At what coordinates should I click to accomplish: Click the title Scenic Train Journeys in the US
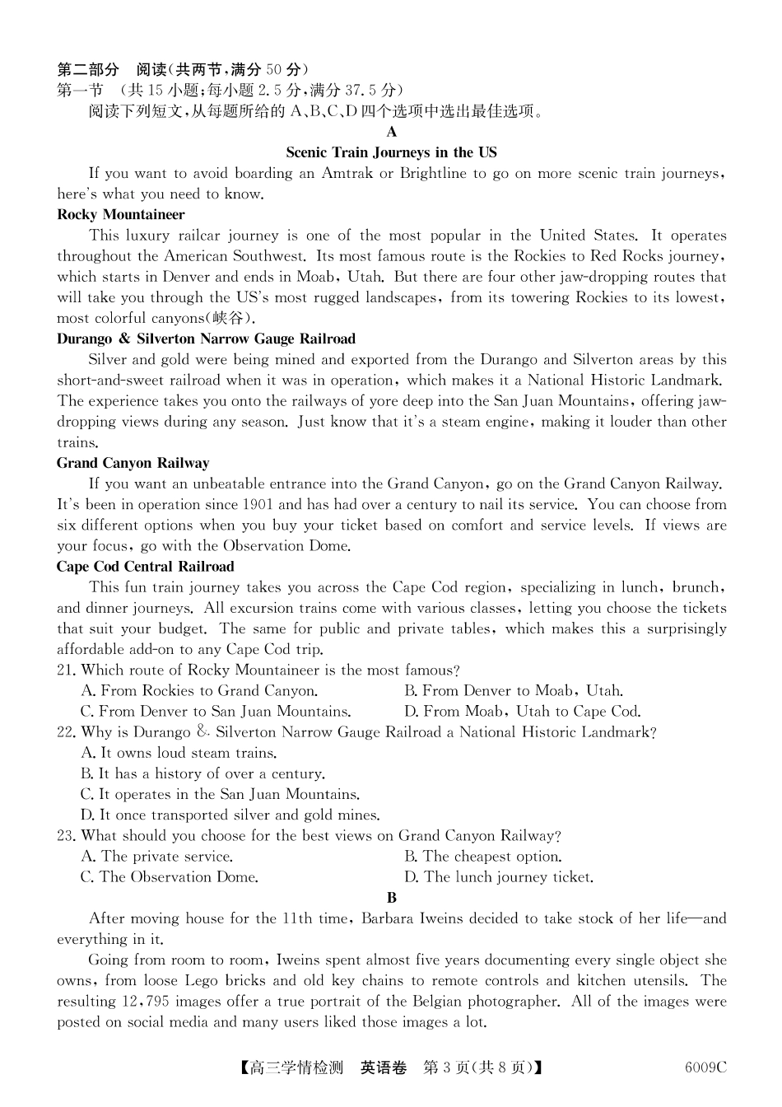point(391,152)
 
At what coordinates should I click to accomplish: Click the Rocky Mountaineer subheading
point(121,215)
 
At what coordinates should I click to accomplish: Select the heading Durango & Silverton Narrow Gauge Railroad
point(206,339)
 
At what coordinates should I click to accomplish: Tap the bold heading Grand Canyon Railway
point(133,463)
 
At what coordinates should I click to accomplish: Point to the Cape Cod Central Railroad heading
point(145,567)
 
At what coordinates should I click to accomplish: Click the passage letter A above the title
point(392,132)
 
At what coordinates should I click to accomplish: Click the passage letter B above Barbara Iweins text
point(392,898)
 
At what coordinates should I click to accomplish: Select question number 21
point(66,670)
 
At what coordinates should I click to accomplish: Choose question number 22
point(66,732)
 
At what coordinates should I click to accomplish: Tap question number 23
point(66,836)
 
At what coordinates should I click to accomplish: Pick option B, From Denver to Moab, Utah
point(513,691)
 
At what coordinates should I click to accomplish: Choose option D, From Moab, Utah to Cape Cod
point(522,712)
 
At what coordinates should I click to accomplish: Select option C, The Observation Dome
point(170,877)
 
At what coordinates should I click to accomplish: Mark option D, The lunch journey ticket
point(498,877)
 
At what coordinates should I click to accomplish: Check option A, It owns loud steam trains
point(179,753)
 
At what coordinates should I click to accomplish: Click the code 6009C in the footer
point(705,1068)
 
